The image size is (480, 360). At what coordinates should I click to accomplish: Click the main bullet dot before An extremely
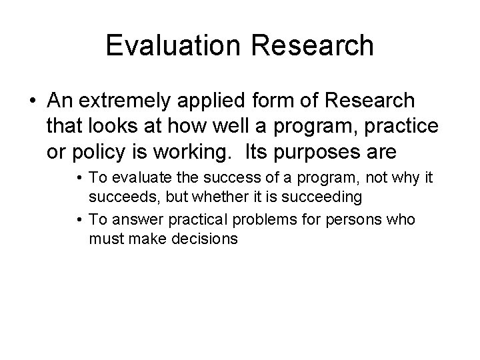coord(34,101)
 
